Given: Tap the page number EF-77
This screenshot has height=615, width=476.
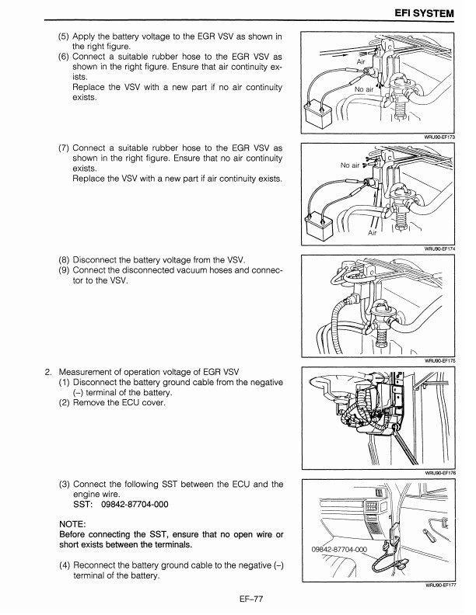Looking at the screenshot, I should pyautogui.click(x=237, y=598).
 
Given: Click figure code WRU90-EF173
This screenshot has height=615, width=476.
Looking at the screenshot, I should pyautogui.click(x=437, y=137).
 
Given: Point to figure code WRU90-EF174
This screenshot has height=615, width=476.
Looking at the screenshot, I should pyautogui.click(x=437, y=249).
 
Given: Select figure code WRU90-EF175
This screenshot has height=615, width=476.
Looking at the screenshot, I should pyautogui.click(x=437, y=360).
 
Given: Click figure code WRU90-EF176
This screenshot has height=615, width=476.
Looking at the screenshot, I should pyautogui.click(x=437, y=471).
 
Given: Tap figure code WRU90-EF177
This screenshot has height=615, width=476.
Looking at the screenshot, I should pyautogui.click(x=437, y=585).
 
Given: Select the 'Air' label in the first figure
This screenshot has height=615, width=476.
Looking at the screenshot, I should pyautogui.click(x=360, y=61).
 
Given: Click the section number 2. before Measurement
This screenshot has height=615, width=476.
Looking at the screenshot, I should pyautogui.click(x=48, y=370).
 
